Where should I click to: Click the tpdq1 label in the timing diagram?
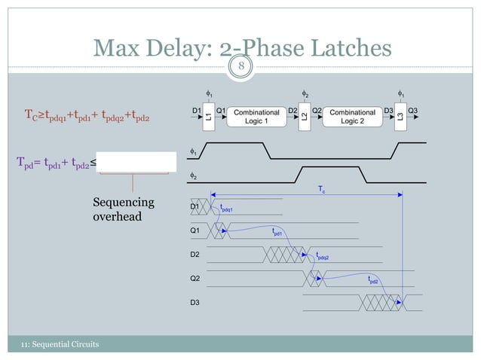pos(227,209)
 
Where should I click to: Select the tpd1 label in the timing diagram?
pos(277,233)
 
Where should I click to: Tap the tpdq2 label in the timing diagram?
pos(322,256)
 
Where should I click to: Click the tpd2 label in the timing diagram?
pos(373,279)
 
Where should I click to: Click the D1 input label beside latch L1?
pos(196,111)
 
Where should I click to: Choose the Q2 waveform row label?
pos(195,279)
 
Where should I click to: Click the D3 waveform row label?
pos(195,303)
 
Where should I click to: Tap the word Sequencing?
pos(123,203)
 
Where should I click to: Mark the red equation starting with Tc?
pos(87,116)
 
